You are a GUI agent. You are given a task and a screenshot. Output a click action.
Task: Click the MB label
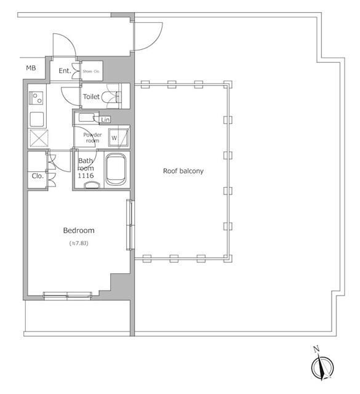pos(30,68)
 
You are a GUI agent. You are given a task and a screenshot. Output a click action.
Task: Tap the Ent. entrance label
pos(65,71)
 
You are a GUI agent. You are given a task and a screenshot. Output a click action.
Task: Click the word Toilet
pos(92,97)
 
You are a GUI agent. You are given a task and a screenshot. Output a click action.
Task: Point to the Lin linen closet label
pos(105,119)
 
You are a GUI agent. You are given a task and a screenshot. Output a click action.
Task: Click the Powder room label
pos(92,137)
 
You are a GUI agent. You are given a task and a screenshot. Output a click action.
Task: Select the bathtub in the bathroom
pos(116,169)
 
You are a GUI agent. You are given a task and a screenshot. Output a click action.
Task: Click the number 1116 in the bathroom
pos(86,176)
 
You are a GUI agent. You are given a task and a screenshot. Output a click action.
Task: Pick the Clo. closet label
pos(38,176)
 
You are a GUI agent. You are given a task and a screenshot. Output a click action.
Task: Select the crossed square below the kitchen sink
pos(37,139)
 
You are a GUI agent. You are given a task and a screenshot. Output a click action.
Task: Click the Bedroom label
pos(79,230)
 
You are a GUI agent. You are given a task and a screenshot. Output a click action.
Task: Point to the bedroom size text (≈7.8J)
pos(79,244)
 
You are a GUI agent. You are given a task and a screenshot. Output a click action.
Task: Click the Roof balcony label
pos(183,171)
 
